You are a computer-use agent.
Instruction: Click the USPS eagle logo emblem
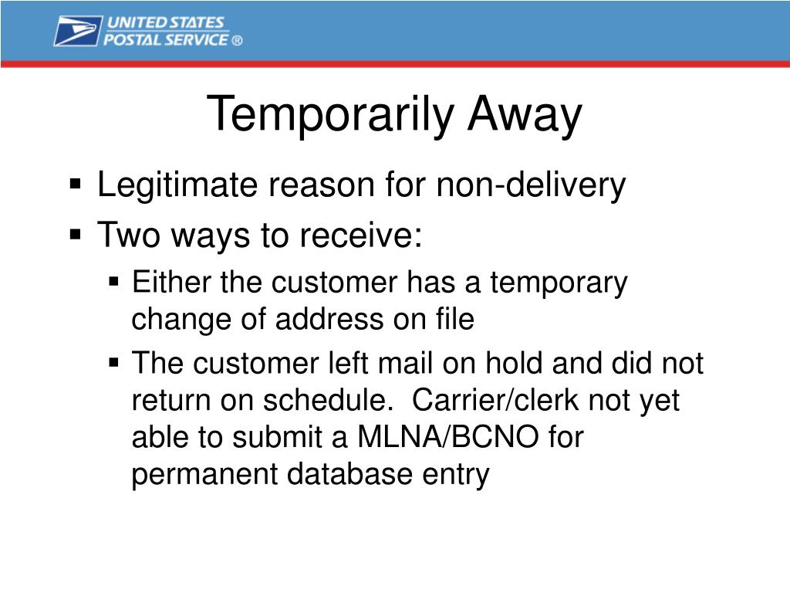pos(78,31)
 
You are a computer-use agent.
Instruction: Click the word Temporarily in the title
pos(330,115)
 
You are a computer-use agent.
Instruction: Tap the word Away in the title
pos(525,115)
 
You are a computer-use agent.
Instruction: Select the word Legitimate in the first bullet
pos(178,185)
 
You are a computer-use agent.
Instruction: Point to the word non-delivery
pos(531,185)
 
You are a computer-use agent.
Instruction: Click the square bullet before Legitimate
pos(76,184)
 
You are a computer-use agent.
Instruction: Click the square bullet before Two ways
pos(76,235)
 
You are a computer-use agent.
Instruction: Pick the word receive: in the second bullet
pos(361,235)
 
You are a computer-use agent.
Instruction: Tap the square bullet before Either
pos(114,281)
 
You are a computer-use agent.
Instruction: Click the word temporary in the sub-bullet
pos(559,283)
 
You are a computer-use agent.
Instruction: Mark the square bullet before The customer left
pos(114,362)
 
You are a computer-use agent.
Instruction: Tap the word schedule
pos(328,400)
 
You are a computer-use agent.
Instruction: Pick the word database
pos(349,474)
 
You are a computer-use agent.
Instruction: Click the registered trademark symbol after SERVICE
pos(237,41)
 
